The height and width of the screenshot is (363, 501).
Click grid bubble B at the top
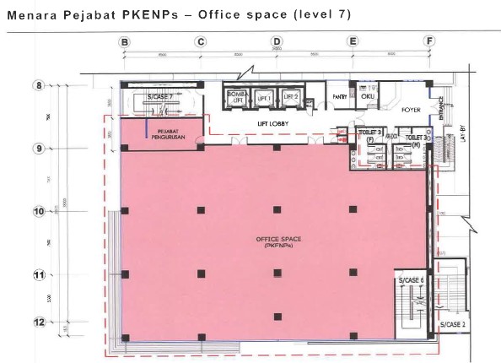tap(124, 41)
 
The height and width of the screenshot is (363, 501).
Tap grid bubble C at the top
tap(201, 41)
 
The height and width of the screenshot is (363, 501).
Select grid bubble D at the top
tap(276, 41)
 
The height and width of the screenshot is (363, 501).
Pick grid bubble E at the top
tap(353, 41)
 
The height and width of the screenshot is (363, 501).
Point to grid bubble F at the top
tap(429, 41)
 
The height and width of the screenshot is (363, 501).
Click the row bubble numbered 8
tap(39, 85)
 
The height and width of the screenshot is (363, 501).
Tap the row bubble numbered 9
tap(39, 149)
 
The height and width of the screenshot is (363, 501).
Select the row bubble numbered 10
tap(39, 211)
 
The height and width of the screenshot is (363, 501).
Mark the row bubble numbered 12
tap(39, 322)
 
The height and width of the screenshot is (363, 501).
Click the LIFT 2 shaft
tap(291, 99)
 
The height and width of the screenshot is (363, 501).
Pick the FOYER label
tap(411, 109)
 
